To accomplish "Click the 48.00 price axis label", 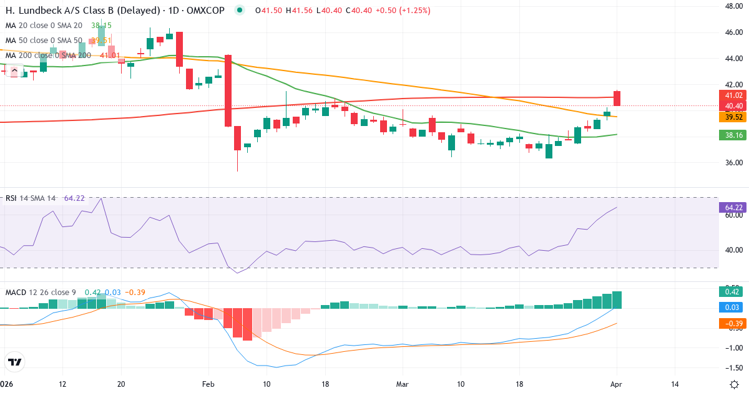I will coord(733,6).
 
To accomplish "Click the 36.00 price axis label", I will coord(733,163).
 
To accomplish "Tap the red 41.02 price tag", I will coord(733,95).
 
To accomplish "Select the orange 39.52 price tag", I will coord(733,117).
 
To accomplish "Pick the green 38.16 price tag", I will coord(733,134).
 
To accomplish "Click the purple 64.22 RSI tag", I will coord(733,207).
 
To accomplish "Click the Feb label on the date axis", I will coord(208,384).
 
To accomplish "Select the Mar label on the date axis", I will coord(401,384).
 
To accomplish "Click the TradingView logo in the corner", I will coord(15,362).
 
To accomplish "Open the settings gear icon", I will coord(734,384).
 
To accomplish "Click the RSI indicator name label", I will coord(12,198).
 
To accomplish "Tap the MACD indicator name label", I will coord(16,292).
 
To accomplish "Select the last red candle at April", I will coord(617,98).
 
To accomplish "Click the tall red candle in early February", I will coord(228,90).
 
